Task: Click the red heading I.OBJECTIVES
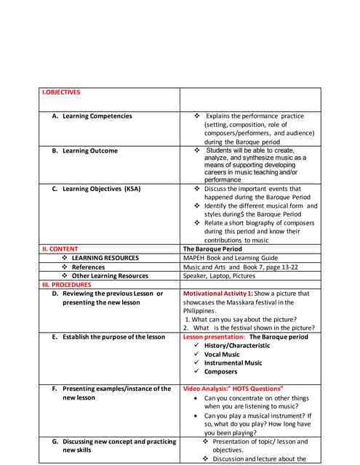click(x=61, y=92)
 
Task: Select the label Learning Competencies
click(x=97, y=116)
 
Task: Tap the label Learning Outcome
click(x=89, y=151)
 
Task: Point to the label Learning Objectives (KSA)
click(x=101, y=189)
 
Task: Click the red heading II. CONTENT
click(x=60, y=248)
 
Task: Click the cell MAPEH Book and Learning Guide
click(x=231, y=258)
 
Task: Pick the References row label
click(x=88, y=267)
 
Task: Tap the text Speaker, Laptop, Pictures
click(x=217, y=275)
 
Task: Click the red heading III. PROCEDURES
click(x=67, y=285)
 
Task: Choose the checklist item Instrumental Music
click(x=233, y=363)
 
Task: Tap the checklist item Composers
click(x=220, y=372)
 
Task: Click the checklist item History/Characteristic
click(x=236, y=346)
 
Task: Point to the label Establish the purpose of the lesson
click(x=113, y=337)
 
